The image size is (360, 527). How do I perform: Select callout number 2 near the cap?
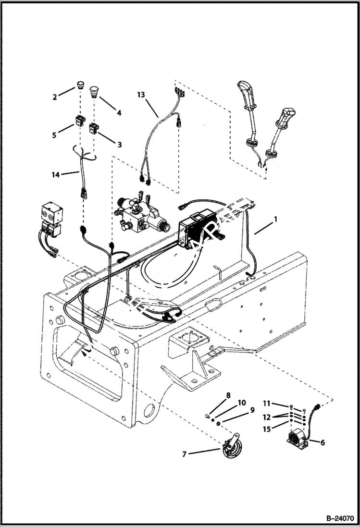(x=55, y=97)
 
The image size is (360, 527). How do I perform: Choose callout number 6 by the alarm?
(x=322, y=442)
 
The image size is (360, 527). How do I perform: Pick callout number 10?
(x=241, y=402)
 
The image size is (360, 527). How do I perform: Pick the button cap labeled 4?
(x=94, y=89)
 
